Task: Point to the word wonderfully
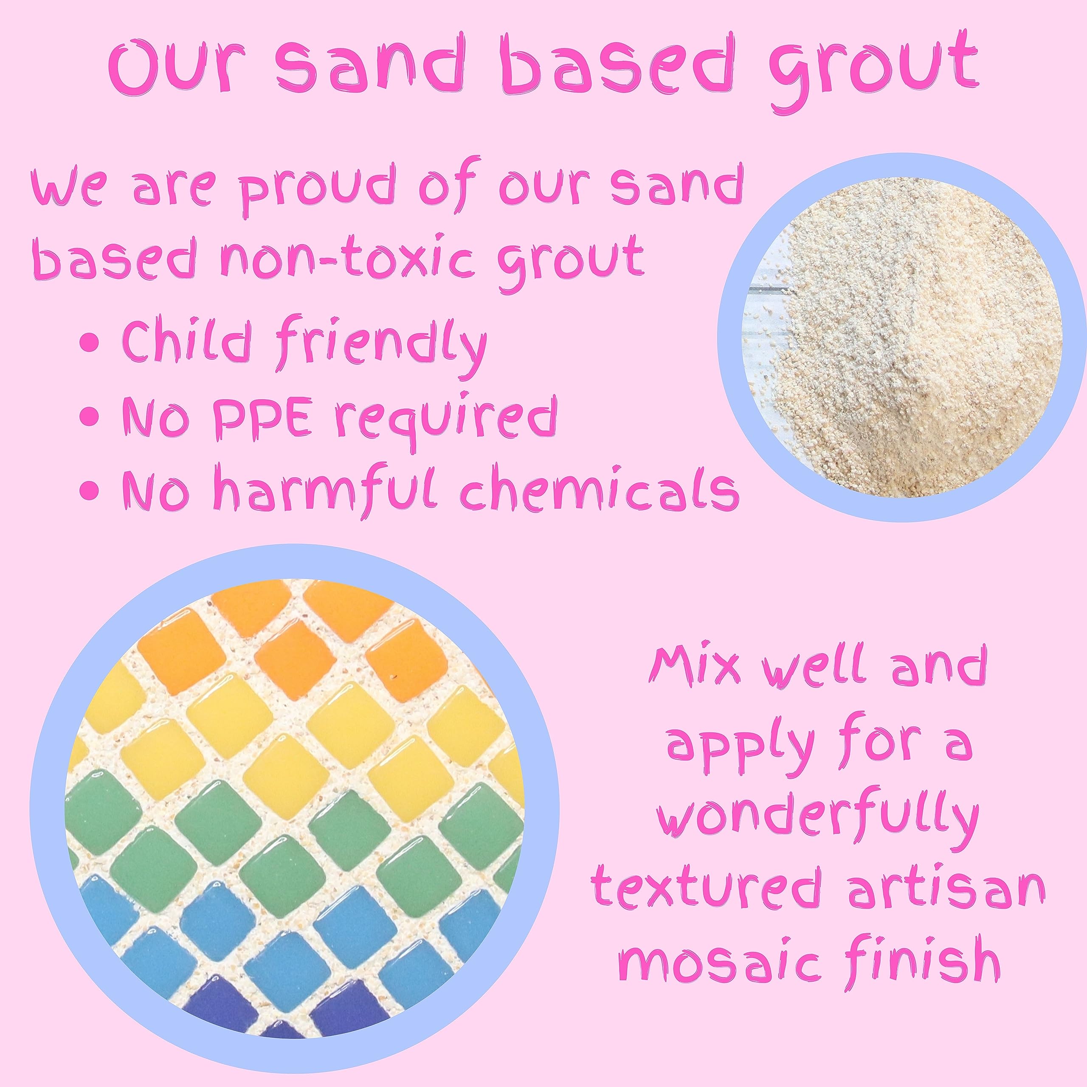point(816,819)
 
